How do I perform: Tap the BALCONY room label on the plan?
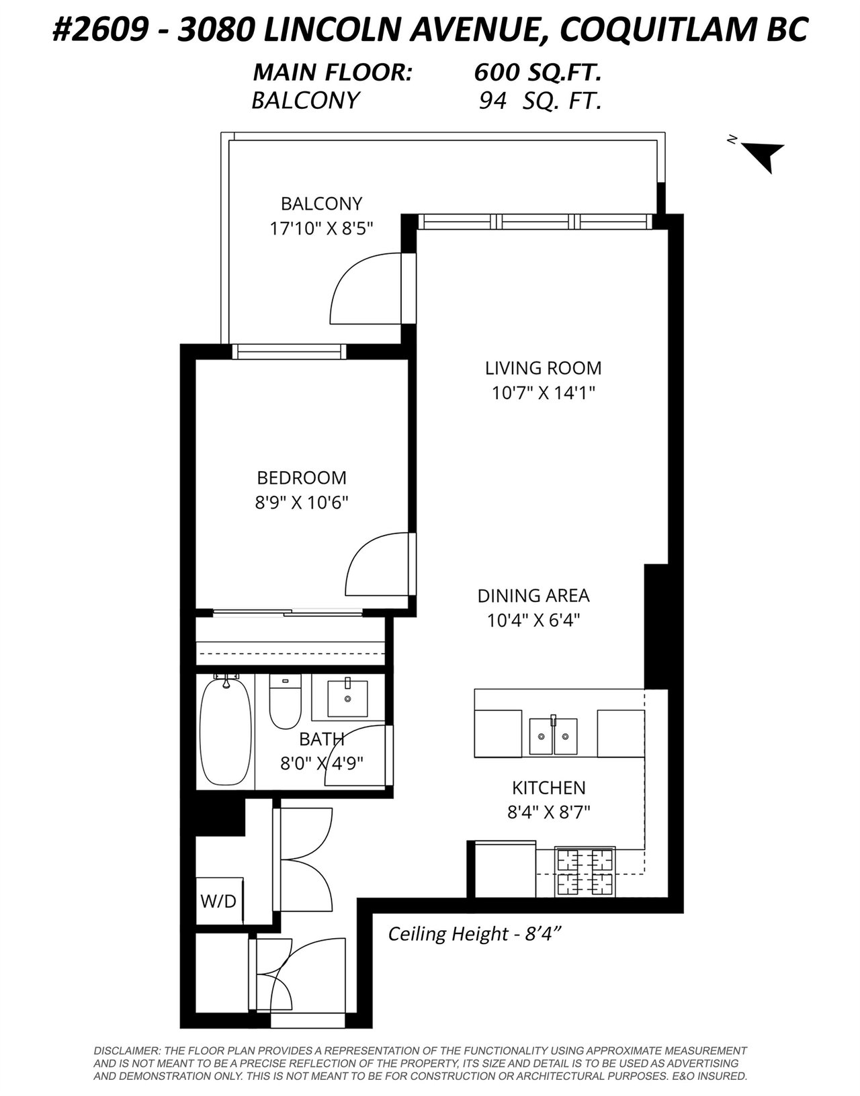coord(322,204)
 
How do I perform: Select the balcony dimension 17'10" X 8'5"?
coord(321,228)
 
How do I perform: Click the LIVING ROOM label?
coord(544,368)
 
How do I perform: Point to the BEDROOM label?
coord(302,478)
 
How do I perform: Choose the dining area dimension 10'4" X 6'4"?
coord(533,620)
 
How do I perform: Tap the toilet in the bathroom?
coord(286,701)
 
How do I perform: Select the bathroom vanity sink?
coord(348,699)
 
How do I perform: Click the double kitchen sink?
coord(553,736)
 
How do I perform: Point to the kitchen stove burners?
coord(585,871)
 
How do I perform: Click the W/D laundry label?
coord(218,901)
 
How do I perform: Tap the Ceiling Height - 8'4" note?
coord(475,933)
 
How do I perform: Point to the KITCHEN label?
coord(548,788)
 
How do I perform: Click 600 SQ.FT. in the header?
coord(538,73)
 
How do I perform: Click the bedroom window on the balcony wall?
coord(290,351)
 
